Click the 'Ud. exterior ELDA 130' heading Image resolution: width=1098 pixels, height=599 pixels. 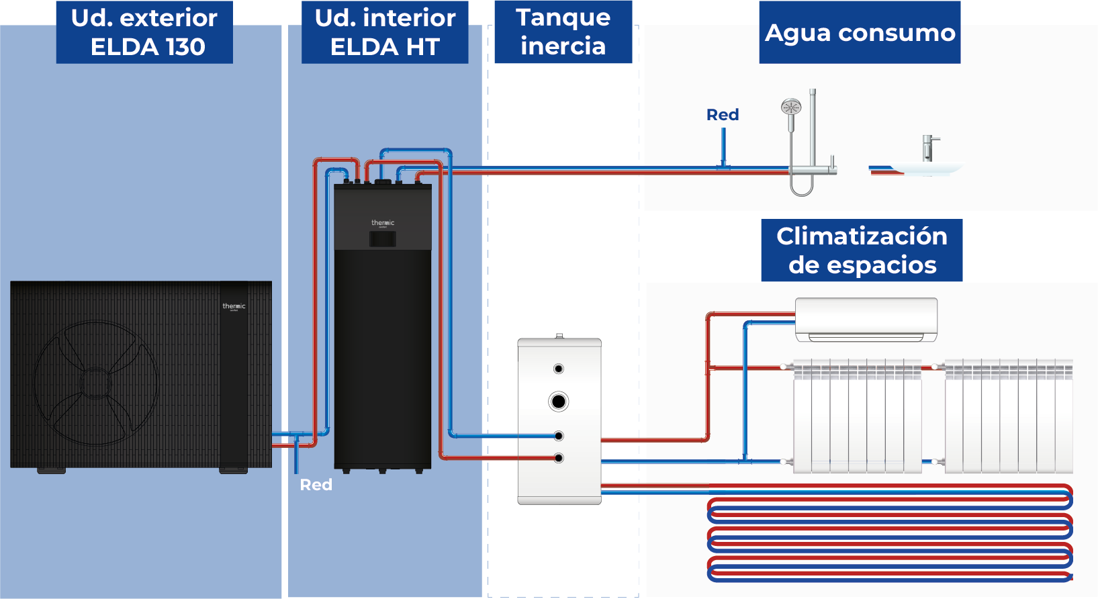pos(144,32)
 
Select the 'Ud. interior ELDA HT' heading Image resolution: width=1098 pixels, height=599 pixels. pos(385,32)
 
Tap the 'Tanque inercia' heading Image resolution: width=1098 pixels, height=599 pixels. pos(563,32)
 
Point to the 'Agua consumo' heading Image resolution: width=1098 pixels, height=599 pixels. pos(860,32)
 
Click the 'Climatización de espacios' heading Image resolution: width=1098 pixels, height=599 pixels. pos(862,250)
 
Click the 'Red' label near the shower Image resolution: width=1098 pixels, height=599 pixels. pos(723,115)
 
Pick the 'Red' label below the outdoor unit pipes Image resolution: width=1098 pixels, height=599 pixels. pos(316,485)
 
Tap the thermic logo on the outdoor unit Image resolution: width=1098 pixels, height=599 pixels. pos(234,307)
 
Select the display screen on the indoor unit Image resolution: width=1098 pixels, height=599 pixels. pos(383,239)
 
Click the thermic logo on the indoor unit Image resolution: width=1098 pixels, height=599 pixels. pos(383,223)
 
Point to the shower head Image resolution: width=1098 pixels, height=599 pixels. pos(791,107)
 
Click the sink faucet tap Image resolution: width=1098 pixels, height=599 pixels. pos(928,148)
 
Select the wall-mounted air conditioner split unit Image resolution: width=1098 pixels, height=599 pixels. pos(866,320)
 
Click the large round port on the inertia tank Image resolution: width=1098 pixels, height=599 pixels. pos(558,402)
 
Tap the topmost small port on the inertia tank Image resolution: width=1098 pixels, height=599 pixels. pos(558,369)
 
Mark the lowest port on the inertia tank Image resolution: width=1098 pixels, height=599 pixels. pos(558,458)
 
